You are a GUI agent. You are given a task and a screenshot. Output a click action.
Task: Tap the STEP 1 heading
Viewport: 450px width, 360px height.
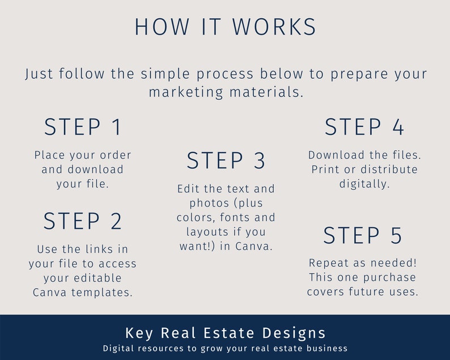point(83,127)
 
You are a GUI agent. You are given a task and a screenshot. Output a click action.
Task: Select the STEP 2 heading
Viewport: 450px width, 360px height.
point(83,221)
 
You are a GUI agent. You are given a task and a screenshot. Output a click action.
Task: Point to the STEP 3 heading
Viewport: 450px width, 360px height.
point(226,161)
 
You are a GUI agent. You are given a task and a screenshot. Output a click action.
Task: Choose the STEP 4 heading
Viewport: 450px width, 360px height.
point(364,127)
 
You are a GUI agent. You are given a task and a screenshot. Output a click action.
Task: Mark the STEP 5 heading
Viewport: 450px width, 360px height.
point(363,235)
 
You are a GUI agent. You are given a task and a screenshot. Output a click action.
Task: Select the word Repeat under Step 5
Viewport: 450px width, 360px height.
point(327,262)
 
